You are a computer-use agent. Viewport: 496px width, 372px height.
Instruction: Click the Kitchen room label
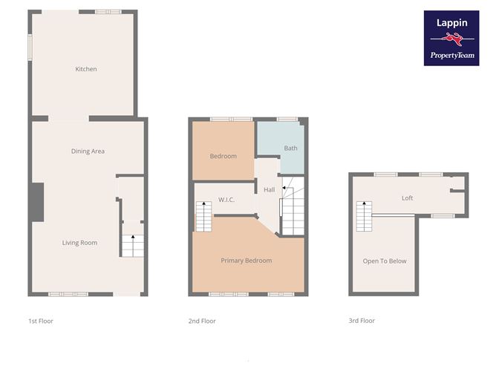pos(86,69)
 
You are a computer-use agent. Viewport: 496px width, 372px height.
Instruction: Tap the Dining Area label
pos(88,151)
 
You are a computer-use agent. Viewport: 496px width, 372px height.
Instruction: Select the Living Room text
pos(79,243)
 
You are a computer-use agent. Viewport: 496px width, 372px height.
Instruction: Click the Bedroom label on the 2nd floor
pos(223,156)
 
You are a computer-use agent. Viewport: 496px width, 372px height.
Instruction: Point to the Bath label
pos(290,148)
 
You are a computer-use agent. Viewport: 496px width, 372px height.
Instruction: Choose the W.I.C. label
pos(227,200)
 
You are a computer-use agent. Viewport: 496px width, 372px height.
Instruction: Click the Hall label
pos(270,190)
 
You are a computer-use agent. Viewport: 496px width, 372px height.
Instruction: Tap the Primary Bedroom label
pos(247,261)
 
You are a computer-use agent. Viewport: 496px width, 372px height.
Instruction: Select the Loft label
pos(407,198)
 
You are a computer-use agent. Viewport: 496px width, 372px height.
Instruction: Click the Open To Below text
pos(385,261)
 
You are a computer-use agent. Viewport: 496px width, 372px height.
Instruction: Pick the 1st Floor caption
pos(41,321)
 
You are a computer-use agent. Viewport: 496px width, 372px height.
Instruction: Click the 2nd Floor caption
pos(201,321)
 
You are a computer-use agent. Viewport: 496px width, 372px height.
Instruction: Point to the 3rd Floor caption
pos(362,321)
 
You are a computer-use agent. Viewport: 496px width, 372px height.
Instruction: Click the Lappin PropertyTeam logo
pos(451,38)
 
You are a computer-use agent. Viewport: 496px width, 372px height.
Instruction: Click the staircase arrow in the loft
pos(364,204)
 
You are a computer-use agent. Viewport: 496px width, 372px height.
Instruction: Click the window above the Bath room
pos(287,119)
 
